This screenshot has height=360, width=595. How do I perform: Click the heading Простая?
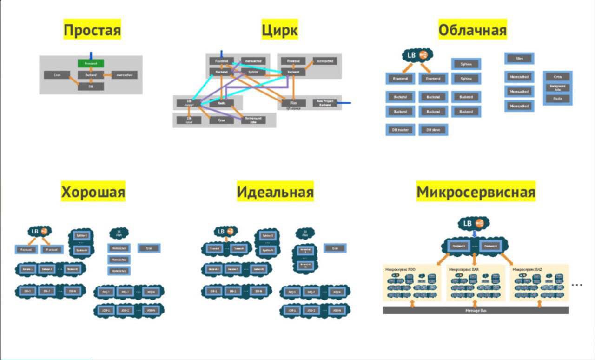(92, 31)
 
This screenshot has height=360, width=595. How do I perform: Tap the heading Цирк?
(279, 31)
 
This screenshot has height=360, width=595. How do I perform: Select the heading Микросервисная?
(476, 192)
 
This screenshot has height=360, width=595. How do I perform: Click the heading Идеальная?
(275, 192)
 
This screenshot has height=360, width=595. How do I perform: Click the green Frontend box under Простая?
(91, 63)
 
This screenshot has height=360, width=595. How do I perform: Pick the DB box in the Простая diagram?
(91, 86)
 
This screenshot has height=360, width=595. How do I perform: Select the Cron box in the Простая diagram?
(57, 74)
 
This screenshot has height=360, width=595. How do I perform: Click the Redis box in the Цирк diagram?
(222, 103)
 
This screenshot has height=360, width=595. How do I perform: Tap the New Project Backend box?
(326, 103)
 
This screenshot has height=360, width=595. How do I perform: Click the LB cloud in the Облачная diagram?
(417, 55)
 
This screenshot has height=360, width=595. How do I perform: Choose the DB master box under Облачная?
(400, 130)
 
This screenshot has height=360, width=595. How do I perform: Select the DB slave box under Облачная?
(433, 130)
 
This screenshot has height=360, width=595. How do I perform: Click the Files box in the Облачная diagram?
(519, 59)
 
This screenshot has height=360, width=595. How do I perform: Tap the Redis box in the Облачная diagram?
(557, 99)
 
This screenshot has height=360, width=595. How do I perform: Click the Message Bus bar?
(476, 310)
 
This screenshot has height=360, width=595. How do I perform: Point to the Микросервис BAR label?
(464, 269)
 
